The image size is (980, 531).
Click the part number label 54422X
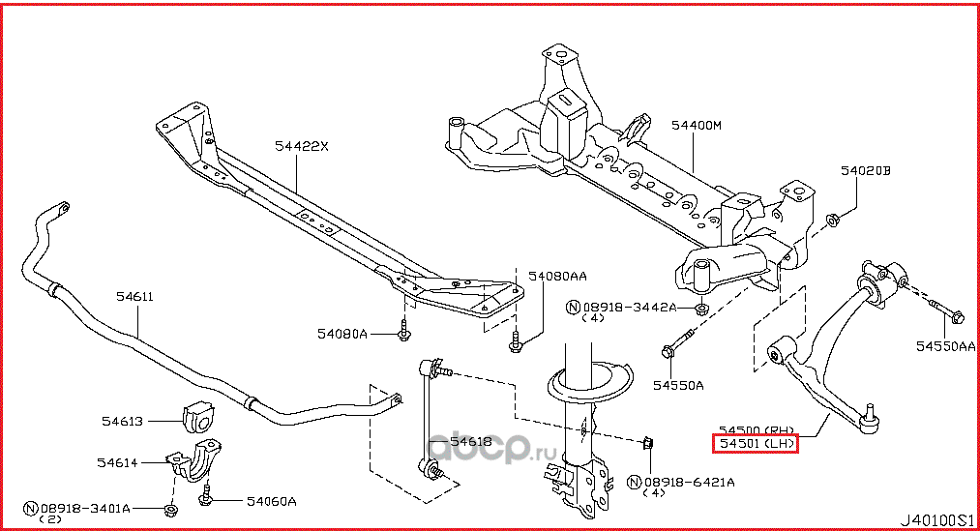pos(301,147)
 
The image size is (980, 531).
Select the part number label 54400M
pos(696,125)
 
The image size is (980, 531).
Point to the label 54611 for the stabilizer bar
pos(134,297)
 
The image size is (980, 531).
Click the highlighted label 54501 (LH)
pos(756,444)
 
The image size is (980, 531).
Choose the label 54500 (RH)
pos(756,429)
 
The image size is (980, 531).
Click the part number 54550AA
pos(946,345)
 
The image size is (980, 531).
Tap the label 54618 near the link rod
pos(472,442)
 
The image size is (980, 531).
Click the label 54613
pos(123,421)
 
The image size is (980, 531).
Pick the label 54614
pos(116,464)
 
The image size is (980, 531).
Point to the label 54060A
pos(270,501)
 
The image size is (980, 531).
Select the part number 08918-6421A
pos(689,481)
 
